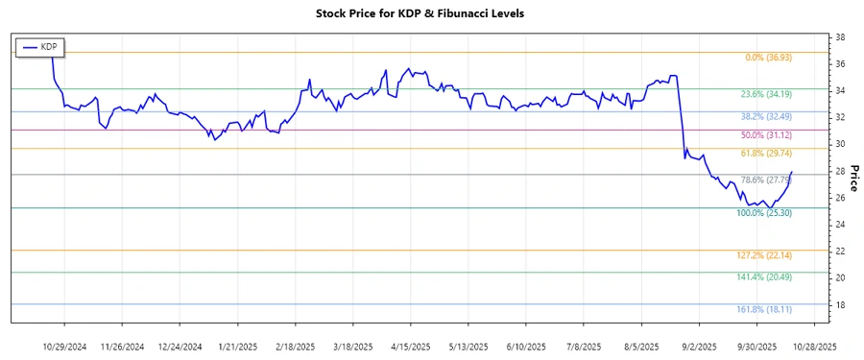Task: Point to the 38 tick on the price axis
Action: (x=840, y=36)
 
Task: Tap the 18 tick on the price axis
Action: (x=840, y=305)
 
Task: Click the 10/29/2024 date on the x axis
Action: (x=66, y=346)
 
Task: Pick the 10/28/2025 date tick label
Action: (x=813, y=346)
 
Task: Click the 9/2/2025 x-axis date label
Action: (x=699, y=346)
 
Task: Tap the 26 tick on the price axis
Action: (x=840, y=198)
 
